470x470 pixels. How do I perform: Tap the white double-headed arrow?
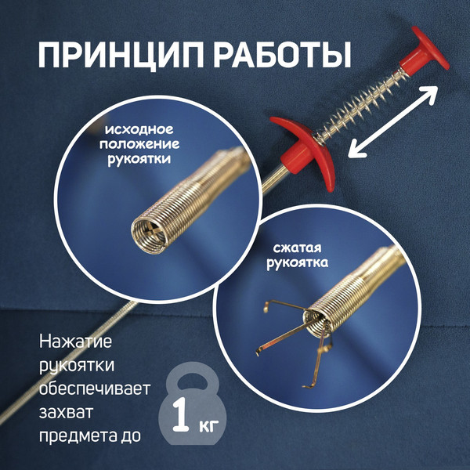392,120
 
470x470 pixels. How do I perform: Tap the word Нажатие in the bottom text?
75,342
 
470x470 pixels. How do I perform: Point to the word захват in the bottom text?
66,410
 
